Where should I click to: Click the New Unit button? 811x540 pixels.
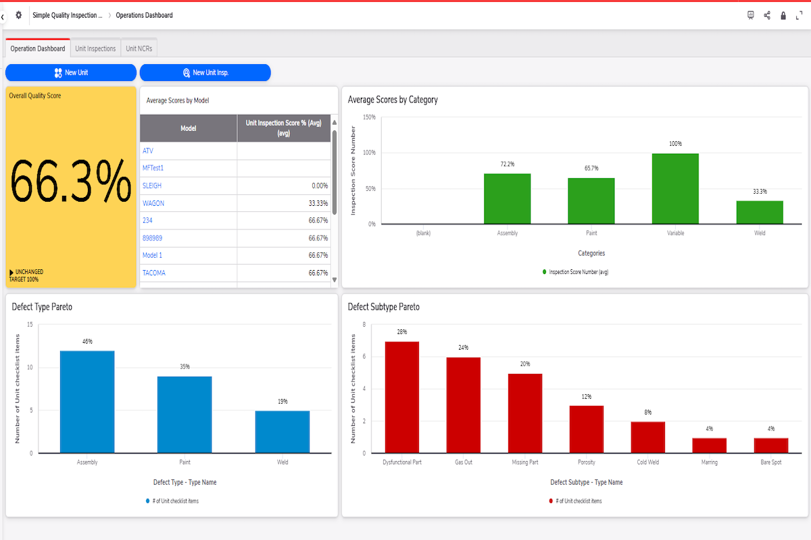click(71, 72)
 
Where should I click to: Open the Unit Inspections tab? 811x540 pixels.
click(95, 49)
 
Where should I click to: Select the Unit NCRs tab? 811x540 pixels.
click(139, 49)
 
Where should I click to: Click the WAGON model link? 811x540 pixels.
click(153, 203)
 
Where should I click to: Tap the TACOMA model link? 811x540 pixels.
click(154, 273)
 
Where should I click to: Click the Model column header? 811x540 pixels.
click(189, 128)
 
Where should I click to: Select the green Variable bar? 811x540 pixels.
click(675, 189)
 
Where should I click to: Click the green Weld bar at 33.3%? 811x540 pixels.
click(760, 213)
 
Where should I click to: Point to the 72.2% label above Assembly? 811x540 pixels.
click(508, 164)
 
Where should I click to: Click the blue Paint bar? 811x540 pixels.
click(185, 414)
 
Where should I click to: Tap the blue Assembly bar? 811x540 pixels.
click(87, 402)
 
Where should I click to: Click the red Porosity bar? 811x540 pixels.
click(587, 429)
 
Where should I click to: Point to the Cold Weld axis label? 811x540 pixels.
click(647, 462)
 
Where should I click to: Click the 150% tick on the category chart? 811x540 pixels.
click(369, 117)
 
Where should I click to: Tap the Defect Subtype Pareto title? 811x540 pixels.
click(383, 307)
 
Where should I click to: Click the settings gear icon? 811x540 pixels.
click(19, 15)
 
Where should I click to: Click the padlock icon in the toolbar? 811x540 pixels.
click(783, 16)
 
